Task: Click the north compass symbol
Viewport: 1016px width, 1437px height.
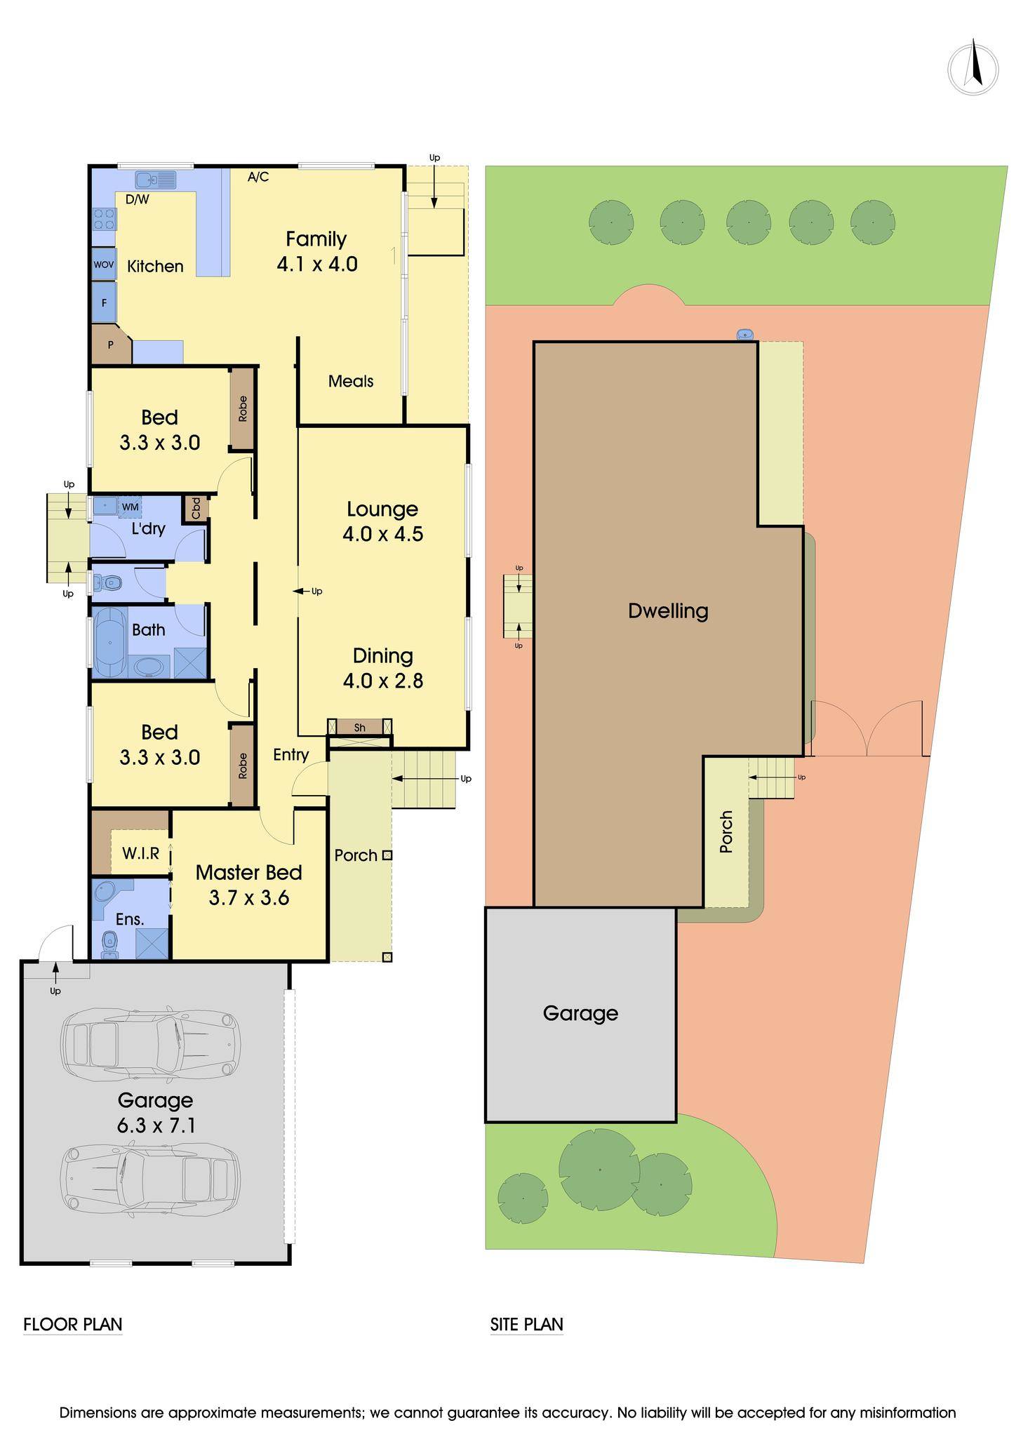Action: pyautogui.click(x=973, y=68)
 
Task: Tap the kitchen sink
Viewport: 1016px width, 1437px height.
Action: pyautogui.click(x=156, y=180)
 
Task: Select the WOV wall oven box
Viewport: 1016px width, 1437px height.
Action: pyautogui.click(x=104, y=265)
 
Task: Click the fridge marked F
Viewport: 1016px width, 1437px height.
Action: pyautogui.click(x=104, y=303)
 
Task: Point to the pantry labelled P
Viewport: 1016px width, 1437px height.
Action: pyautogui.click(x=110, y=345)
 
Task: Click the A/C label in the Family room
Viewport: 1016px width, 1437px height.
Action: pyautogui.click(x=258, y=177)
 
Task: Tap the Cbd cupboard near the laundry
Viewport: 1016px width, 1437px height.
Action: pyautogui.click(x=196, y=508)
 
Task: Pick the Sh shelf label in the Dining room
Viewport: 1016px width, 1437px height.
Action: pyautogui.click(x=360, y=728)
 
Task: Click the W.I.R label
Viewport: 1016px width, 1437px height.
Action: pyautogui.click(x=141, y=853)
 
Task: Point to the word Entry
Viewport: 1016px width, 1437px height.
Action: pyautogui.click(x=291, y=755)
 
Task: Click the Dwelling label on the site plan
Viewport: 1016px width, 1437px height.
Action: pyautogui.click(x=668, y=611)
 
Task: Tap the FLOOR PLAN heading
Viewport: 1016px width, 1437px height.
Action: pyautogui.click(x=73, y=1325)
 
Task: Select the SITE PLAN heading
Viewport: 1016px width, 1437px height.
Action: pyautogui.click(x=527, y=1325)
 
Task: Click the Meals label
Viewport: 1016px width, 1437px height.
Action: pyautogui.click(x=351, y=381)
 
